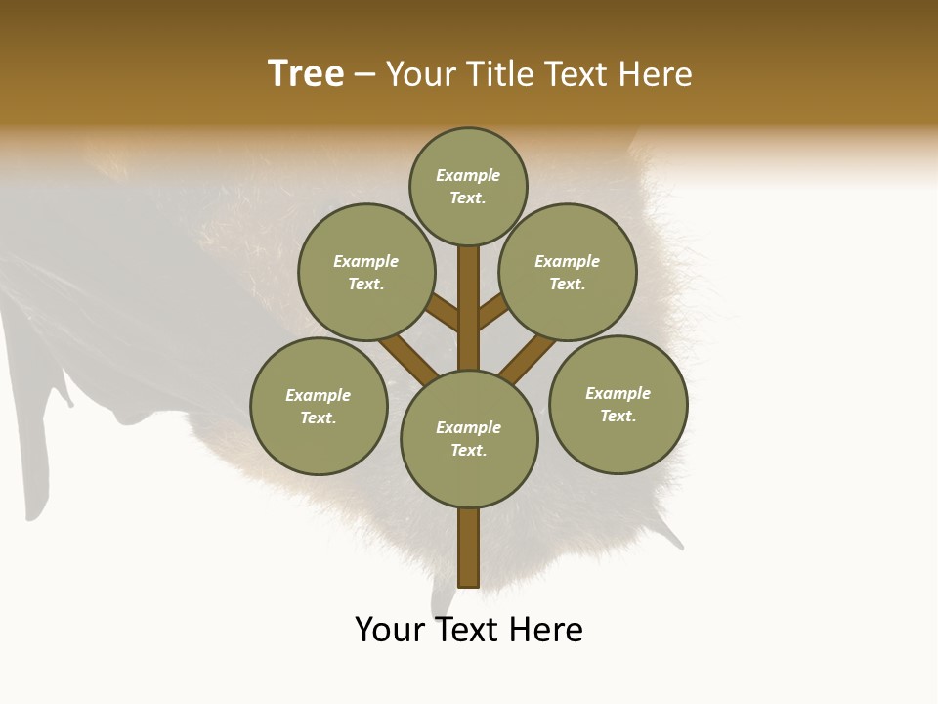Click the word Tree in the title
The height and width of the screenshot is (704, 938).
click(x=306, y=74)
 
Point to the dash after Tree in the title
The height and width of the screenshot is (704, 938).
click(x=364, y=75)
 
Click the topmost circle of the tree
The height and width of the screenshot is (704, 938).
click(x=468, y=186)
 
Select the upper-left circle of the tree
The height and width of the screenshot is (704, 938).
click(x=365, y=272)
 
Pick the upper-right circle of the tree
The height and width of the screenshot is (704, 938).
click(x=568, y=272)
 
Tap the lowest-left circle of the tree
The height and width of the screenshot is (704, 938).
click(x=319, y=406)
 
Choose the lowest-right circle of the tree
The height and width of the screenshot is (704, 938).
click(x=618, y=404)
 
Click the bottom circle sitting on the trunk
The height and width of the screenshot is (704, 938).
click(x=469, y=438)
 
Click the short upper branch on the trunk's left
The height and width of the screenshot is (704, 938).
click(x=444, y=313)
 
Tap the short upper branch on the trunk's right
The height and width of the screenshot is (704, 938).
click(x=493, y=311)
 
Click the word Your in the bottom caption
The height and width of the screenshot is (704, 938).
click(x=390, y=630)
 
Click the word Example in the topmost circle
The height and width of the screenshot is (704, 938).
click(x=468, y=175)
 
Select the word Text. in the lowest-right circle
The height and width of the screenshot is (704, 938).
click(x=618, y=416)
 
